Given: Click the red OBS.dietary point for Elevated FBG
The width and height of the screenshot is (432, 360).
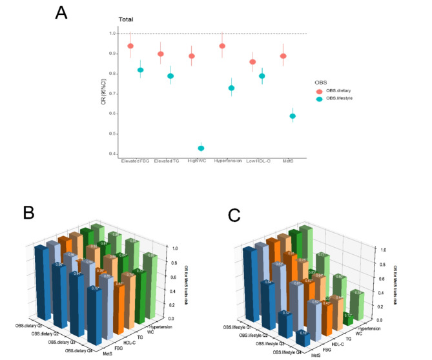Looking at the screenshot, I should click(130, 46).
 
